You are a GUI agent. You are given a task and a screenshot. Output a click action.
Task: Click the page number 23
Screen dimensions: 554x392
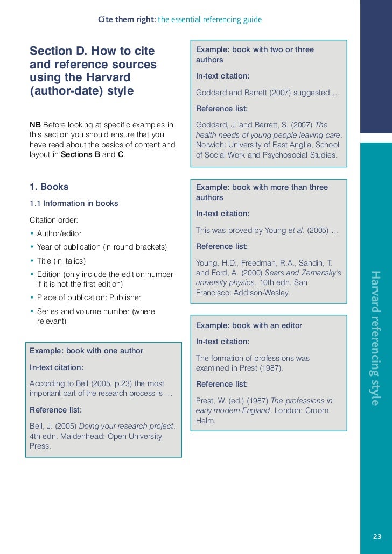coord(376,536)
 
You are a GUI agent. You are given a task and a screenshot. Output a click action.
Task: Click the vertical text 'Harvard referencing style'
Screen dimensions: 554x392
coord(375,338)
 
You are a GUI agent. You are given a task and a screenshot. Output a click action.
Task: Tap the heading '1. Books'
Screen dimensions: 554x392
coord(49,187)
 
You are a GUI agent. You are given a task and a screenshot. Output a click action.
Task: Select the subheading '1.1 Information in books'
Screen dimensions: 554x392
coord(74,203)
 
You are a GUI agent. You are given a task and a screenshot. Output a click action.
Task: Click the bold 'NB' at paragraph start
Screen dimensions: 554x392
coord(35,125)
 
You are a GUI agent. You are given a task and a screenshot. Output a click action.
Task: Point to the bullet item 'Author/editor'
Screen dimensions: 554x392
coord(59,233)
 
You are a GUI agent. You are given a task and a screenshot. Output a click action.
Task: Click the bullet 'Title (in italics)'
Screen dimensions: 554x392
coord(61,261)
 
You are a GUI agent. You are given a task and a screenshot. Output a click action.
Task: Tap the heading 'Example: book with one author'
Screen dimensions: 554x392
coord(86,351)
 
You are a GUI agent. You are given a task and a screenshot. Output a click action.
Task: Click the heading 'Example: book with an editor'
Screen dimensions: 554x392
coord(249,325)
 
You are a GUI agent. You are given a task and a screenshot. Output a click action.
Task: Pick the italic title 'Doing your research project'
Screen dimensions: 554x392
coord(127,426)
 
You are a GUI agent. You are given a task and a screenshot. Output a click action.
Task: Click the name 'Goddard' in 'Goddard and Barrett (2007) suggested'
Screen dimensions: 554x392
coord(211,93)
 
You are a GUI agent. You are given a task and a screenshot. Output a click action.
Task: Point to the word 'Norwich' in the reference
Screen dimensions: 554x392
coord(209,145)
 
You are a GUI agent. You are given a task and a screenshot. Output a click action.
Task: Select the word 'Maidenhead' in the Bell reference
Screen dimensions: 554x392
coord(81,436)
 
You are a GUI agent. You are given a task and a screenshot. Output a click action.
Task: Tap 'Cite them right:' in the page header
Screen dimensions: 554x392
coord(127,20)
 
